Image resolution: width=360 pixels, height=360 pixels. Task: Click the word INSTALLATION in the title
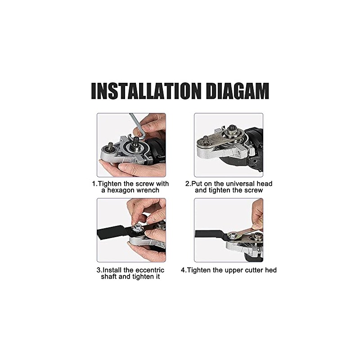point(146,91)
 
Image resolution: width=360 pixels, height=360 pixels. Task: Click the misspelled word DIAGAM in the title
point(238,91)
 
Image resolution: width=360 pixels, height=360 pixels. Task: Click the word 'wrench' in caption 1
point(148,190)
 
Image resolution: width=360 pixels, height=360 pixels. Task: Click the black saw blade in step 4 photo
point(211,234)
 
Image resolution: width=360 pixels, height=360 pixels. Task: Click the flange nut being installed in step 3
point(138,229)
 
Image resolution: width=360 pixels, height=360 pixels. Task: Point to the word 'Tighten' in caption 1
point(110,184)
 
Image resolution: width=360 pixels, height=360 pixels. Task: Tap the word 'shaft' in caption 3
point(109,277)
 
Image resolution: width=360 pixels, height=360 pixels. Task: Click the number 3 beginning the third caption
point(99,270)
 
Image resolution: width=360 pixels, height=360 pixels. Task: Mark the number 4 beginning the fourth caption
point(183,270)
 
